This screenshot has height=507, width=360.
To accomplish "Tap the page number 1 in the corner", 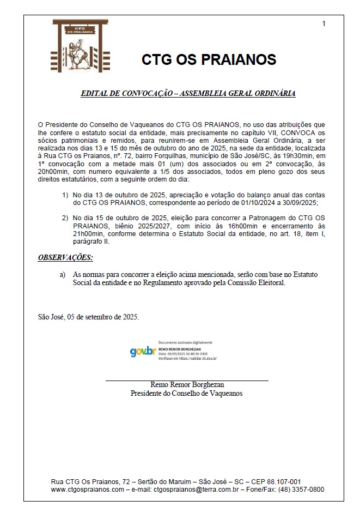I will [x=324, y=23].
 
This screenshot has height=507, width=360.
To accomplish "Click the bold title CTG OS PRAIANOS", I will [x=209, y=59].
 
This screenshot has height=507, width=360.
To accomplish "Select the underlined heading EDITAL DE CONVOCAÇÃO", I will [x=188, y=93].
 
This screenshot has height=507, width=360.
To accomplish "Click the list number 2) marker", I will [x=65, y=218].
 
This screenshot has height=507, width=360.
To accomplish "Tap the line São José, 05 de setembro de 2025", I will [x=88, y=317].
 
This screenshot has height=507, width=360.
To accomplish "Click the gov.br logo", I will [x=143, y=352].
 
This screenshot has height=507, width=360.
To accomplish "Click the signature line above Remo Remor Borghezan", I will [x=186, y=380].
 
